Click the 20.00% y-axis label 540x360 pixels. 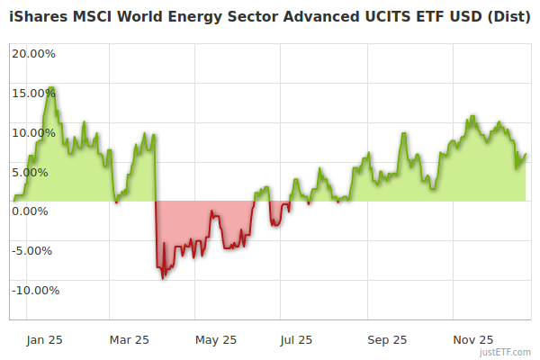click(x=33, y=53)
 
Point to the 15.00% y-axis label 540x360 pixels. click(x=33, y=93)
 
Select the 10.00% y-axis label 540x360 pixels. click(x=33, y=132)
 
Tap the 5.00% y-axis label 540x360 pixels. click(x=36, y=172)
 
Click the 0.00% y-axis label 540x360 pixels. click(x=36, y=211)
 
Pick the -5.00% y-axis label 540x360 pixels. click(x=34, y=251)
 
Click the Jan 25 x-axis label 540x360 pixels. click(x=44, y=339)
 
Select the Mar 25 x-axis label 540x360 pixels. click(x=129, y=339)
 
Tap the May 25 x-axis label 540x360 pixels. click(x=216, y=339)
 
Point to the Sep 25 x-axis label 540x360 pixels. click(x=387, y=339)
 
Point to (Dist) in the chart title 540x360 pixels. click(x=508, y=18)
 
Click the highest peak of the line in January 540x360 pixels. click(x=51, y=87)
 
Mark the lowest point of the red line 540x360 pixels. click(x=163, y=278)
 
